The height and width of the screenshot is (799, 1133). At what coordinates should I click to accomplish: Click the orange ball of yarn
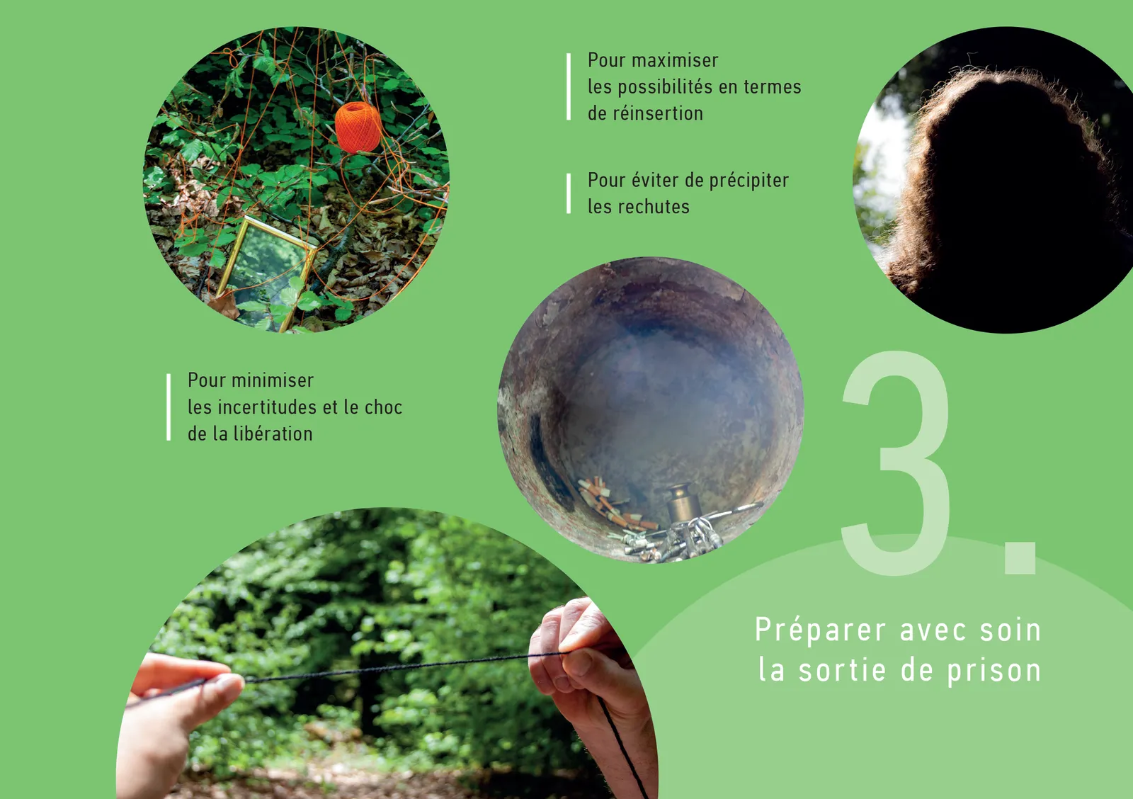point(358,127)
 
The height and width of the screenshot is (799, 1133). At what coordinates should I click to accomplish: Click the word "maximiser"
point(675,61)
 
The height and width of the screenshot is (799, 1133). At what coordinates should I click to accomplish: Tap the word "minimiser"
point(272,380)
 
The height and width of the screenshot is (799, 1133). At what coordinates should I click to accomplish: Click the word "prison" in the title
point(994,671)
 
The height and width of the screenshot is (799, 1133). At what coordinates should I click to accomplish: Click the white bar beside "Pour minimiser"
point(169,407)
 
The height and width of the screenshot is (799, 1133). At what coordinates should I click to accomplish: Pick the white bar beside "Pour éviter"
point(569,193)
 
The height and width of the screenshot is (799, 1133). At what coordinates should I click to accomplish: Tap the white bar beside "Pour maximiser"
point(569,86)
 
